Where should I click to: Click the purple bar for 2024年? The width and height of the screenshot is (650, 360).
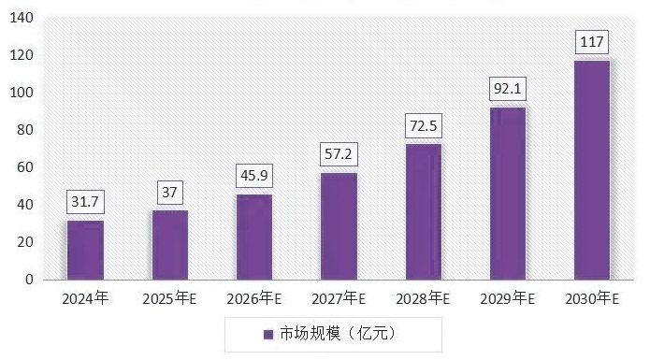pos(85,250)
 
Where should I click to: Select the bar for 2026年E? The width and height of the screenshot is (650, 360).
pos(253,237)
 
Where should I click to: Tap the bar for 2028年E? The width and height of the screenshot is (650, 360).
pos(423,211)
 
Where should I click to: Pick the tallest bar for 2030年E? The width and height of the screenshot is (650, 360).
pos(591,169)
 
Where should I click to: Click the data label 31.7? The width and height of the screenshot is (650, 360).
pos(85,202)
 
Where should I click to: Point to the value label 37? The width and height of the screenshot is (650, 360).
pos(169,193)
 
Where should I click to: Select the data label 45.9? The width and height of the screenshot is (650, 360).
pos(253,176)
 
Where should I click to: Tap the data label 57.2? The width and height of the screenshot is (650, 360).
pos(339,154)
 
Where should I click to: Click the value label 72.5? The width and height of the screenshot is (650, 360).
pos(423,125)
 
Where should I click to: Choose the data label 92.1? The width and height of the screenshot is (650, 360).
pos(507,89)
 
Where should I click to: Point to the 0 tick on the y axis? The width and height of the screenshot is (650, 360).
pos(29,280)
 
